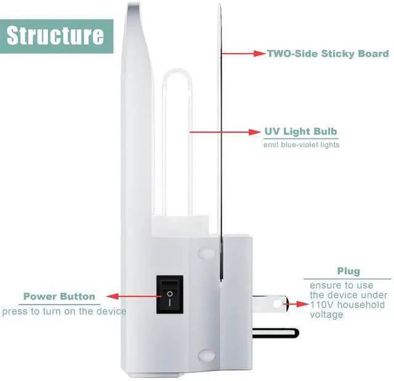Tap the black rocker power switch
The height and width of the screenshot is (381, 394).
(169, 295)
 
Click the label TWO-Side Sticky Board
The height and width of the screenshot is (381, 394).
(327, 54)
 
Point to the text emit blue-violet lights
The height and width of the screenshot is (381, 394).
(301, 145)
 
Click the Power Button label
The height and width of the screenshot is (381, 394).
(59, 297)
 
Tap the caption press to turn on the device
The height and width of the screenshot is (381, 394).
(64, 311)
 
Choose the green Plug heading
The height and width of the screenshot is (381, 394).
(348, 271)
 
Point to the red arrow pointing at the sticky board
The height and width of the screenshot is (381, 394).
(242, 54)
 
